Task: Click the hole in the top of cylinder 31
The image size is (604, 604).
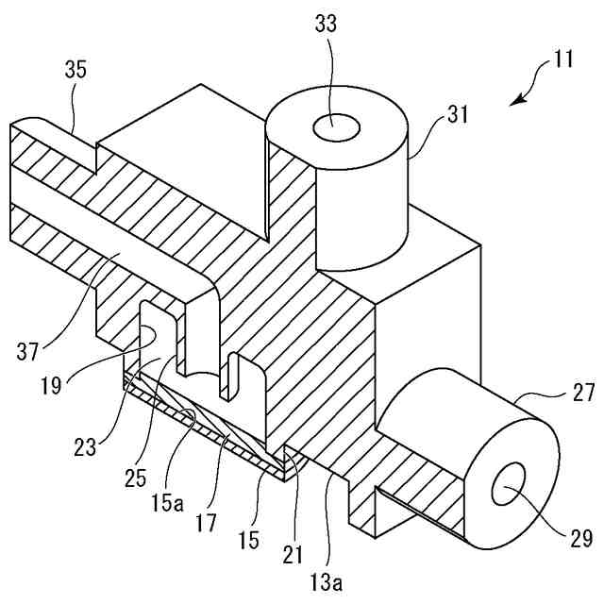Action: [337, 126]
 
